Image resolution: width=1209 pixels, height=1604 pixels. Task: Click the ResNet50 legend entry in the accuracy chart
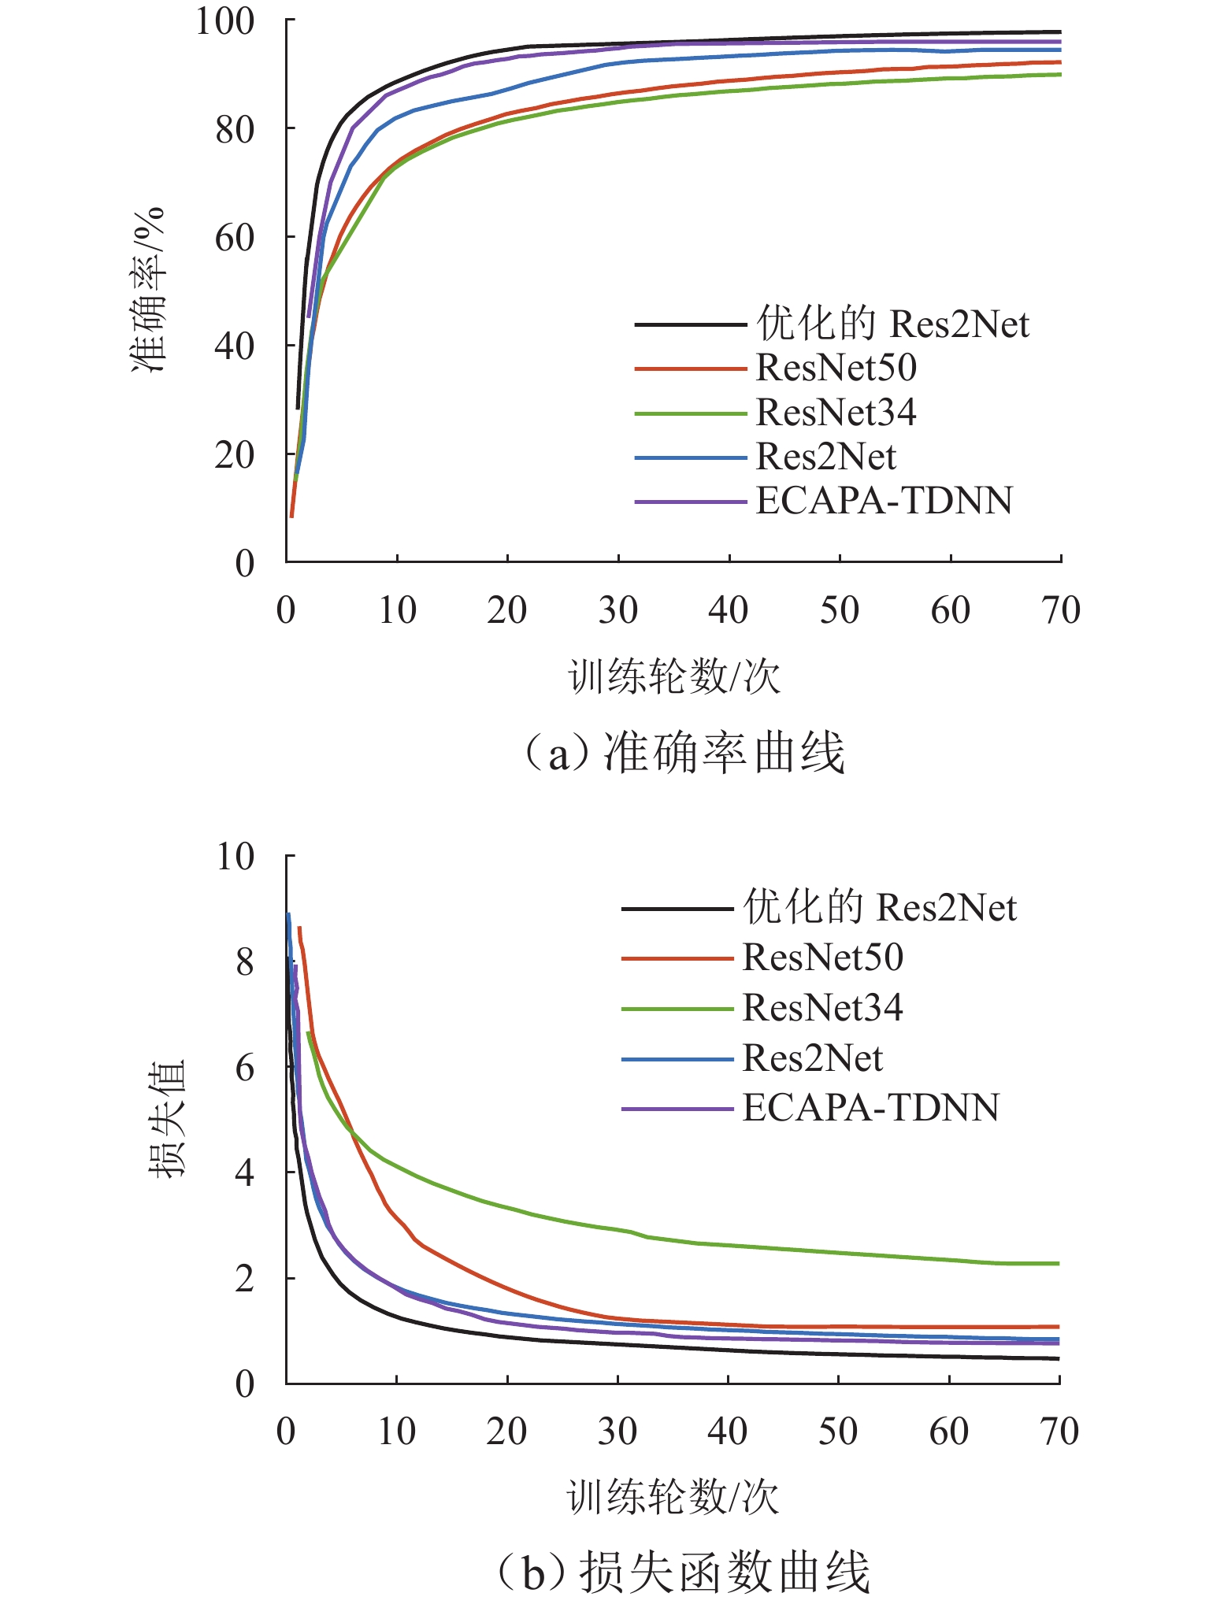click(x=836, y=368)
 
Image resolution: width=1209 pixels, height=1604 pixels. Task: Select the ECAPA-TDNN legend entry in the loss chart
click(x=870, y=1107)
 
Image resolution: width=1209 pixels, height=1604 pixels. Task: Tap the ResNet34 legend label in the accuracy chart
click(x=836, y=413)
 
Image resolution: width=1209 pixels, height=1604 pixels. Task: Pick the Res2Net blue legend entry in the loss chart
click(x=812, y=1058)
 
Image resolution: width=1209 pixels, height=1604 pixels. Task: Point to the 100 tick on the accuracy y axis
click(x=224, y=21)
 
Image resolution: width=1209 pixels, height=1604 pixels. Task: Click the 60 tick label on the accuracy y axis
click(x=234, y=237)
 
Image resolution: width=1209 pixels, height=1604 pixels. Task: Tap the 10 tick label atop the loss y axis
click(x=235, y=857)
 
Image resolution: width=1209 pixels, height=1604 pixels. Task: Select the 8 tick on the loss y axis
click(x=244, y=961)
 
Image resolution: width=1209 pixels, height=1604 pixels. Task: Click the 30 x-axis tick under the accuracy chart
click(x=617, y=610)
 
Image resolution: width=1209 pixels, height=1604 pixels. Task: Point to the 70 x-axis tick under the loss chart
click(x=1059, y=1432)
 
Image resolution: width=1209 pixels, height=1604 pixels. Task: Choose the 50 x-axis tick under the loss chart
click(x=837, y=1432)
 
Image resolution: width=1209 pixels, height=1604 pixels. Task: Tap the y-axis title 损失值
click(x=166, y=1118)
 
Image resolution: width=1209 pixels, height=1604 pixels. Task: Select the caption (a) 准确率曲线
click(x=684, y=753)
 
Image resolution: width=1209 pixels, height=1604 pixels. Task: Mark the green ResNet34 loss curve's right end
click(x=1057, y=1264)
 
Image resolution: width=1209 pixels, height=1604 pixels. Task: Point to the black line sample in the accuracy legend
click(x=690, y=324)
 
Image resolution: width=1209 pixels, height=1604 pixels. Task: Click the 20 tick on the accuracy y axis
click(x=234, y=455)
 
